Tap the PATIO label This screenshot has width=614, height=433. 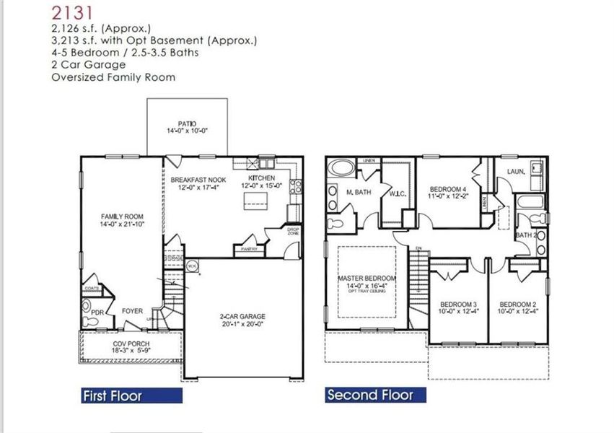click(187, 123)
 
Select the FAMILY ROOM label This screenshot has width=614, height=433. click(121, 216)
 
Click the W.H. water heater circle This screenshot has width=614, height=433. click(192, 266)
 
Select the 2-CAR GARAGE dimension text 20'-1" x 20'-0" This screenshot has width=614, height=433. click(242, 325)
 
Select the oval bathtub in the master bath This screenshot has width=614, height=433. click(341, 168)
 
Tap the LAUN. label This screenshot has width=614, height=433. click(515, 172)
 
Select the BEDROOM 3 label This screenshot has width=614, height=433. click(458, 304)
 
